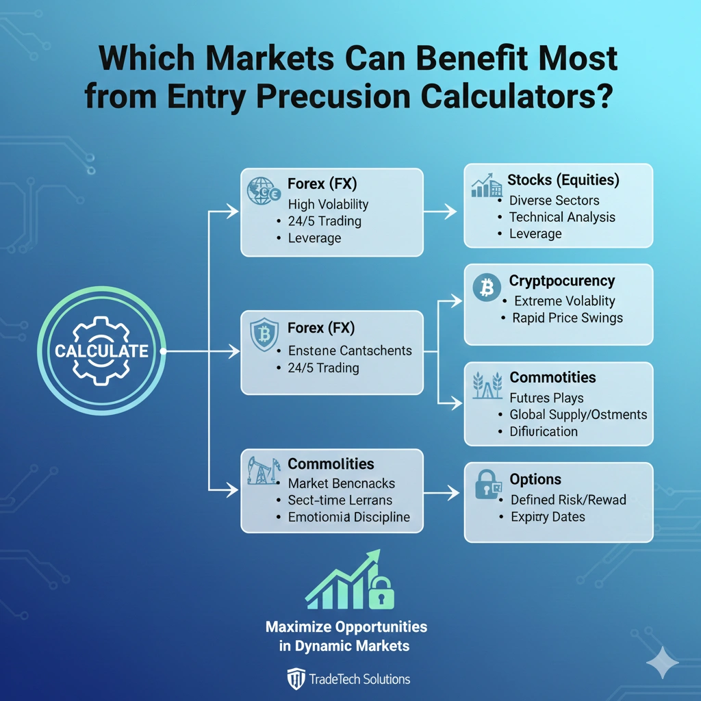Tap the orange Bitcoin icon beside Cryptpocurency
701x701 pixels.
[x=487, y=289]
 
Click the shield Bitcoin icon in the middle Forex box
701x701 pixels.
[x=263, y=335]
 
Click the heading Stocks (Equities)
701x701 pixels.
[x=563, y=180]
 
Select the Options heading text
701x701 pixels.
[x=535, y=479]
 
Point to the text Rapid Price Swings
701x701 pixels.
[x=568, y=318]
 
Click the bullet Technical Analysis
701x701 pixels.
[x=562, y=217]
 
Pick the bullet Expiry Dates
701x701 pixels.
[x=548, y=517]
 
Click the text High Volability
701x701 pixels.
[x=328, y=204]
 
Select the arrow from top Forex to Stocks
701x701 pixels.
[x=441, y=212]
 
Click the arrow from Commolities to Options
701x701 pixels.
[x=442, y=492]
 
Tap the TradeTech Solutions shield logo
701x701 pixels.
[x=295, y=679]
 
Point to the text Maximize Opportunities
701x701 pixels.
[x=346, y=626]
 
